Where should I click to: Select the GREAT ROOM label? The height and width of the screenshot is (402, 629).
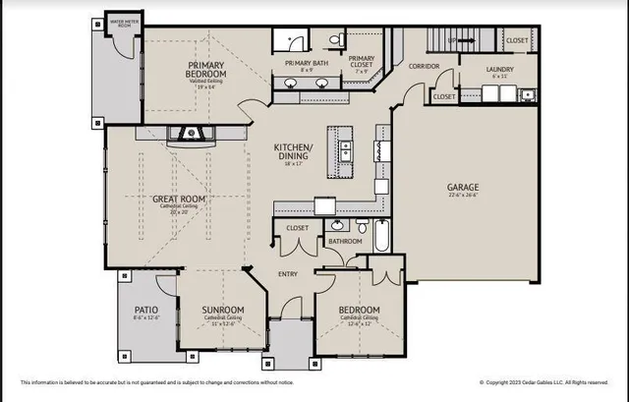177,199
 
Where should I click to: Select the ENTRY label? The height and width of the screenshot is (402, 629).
287,274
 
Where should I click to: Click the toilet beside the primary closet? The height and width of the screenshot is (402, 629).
335,40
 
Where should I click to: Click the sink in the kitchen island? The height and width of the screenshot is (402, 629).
345,150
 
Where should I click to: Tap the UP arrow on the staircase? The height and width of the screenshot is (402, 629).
452,40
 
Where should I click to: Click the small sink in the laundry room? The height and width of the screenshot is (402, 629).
528,95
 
